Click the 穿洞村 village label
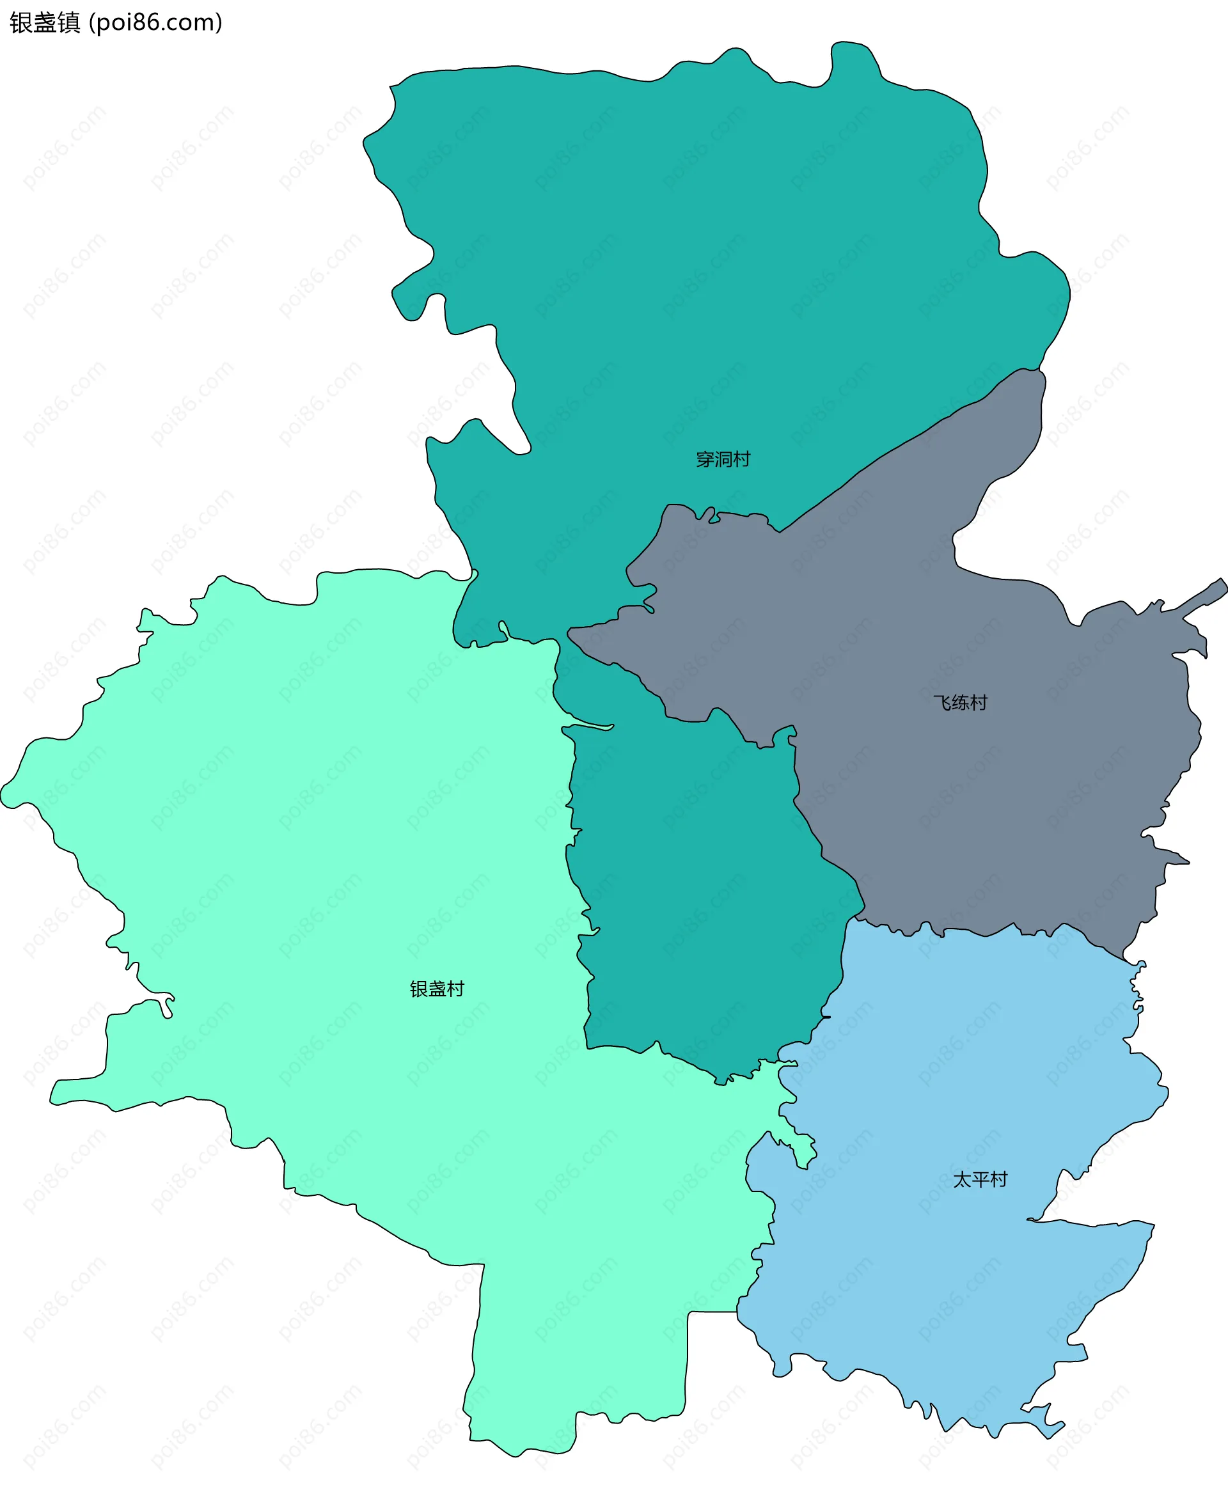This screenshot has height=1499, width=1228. tap(722, 460)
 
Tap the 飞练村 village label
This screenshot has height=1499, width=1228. tap(960, 702)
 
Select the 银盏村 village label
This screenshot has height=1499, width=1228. tap(436, 989)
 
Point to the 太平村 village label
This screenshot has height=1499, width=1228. tap(980, 1180)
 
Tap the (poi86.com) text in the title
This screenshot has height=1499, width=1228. tap(155, 22)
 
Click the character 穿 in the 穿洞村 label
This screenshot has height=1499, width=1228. tap(705, 460)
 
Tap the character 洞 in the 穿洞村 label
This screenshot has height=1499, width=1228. tap(723, 460)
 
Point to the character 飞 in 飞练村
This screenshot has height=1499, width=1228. tap(941, 702)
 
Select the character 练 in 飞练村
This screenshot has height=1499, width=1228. tap(960, 702)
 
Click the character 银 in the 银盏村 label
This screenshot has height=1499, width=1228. tap(419, 989)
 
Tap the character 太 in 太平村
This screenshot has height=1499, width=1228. tap(962, 1180)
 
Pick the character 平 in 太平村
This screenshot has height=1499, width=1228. tap(980, 1180)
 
